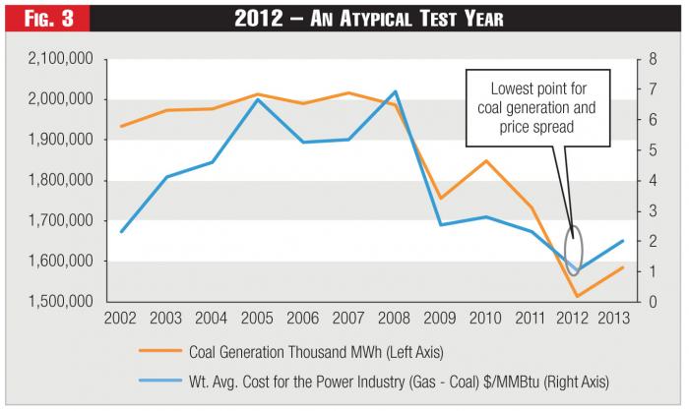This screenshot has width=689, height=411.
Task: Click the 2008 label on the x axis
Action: coord(395,318)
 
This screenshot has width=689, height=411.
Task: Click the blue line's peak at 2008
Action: coord(395,91)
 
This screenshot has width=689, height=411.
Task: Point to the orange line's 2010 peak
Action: coord(486,160)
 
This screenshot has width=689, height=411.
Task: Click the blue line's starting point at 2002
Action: coord(121,231)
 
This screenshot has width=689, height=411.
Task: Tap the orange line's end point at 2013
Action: coord(623,266)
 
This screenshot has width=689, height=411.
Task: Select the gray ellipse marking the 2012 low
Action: coord(576,250)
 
